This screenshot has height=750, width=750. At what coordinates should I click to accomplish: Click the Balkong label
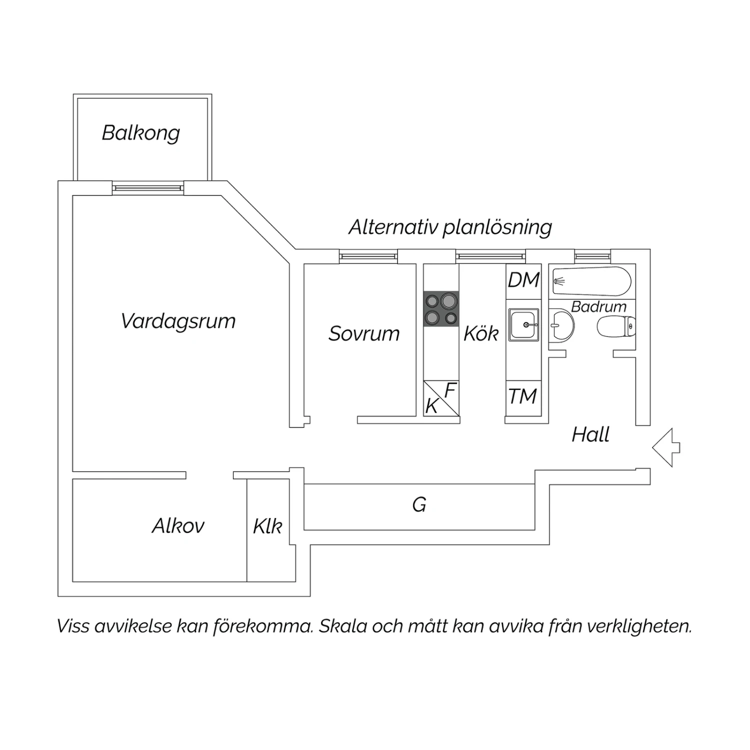tap(140, 133)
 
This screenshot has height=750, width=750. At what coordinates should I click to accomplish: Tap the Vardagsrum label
tap(178, 321)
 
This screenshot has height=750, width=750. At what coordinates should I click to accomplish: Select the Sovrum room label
tap(364, 333)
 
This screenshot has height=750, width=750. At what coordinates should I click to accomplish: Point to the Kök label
tap(481, 333)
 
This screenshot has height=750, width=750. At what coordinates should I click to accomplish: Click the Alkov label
tap(178, 525)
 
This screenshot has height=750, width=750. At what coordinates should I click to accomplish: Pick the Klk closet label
tap(267, 526)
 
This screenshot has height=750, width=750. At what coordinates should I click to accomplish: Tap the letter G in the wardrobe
tap(419, 504)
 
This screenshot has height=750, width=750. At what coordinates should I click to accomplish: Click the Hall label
tap(590, 434)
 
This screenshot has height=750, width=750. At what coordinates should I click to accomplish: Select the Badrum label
tap(598, 306)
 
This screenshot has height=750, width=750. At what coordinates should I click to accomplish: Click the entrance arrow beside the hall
tap(666, 447)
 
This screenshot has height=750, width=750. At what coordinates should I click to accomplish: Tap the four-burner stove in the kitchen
tap(441, 309)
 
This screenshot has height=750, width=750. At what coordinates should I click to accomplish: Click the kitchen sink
tap(523, 324)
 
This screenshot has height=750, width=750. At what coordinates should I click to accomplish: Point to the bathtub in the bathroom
tap(592, 281)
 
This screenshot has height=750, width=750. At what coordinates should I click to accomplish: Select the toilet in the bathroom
tap(616, 326)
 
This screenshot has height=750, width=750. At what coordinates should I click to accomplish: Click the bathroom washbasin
tap(561, 325)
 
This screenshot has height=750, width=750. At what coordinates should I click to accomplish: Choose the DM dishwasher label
tap(523, 280)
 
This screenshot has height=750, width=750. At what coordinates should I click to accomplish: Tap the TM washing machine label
tap(523, 396)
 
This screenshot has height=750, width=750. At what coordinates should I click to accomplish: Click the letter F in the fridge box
tap(450, 390)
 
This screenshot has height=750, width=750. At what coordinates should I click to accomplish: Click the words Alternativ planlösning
tap(450, 227)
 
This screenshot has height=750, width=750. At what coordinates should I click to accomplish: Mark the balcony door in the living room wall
tap(147, 188)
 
